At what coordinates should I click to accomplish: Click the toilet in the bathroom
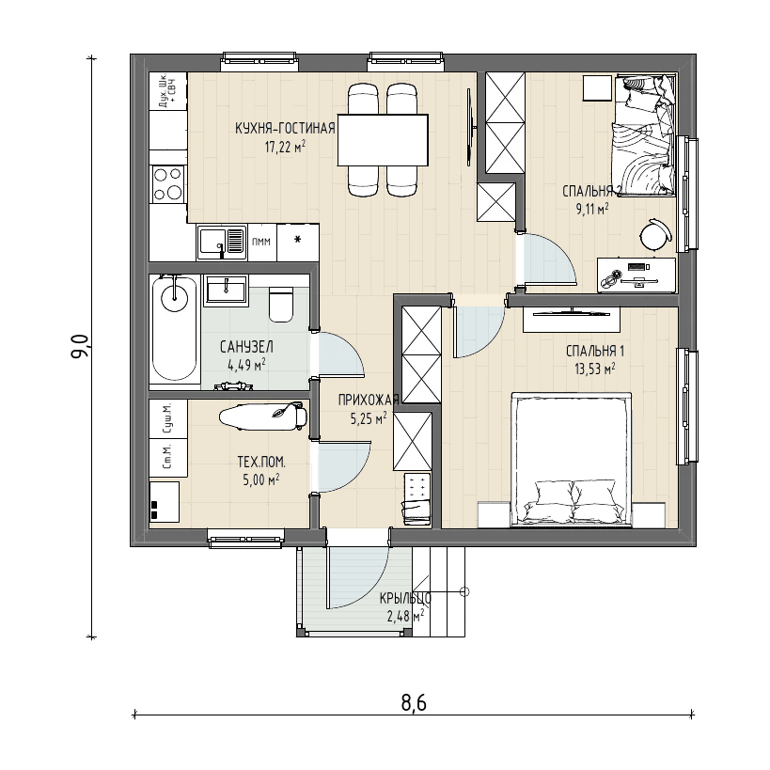[x=281, y=304]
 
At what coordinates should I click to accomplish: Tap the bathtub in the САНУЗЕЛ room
[x=175, y=330]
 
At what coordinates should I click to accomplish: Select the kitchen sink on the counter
[x=222, y=242]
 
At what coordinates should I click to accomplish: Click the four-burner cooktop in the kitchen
[x=168, y=183]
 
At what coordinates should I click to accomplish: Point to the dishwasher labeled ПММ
[x=262, y=243]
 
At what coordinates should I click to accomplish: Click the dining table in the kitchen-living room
[x=383, y=140]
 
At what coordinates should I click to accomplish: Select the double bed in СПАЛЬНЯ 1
[x=571, y=459]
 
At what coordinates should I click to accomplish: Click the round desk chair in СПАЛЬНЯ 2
[x=655, y=235]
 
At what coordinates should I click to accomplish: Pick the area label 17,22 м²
[x=286, y=146]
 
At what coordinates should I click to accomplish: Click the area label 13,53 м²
[x=595, y=369]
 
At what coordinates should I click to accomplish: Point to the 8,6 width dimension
[x=414, y=703]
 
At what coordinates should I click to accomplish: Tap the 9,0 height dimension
[x=80, y=346]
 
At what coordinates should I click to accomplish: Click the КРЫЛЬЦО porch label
[x=405, y=598]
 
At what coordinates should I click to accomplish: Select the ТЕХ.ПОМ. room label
[x=261, y=463]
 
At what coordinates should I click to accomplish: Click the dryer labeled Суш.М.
[x=168, y=419]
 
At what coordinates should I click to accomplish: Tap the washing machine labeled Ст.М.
[x=168, y=458]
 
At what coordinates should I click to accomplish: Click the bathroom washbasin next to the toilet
[x=226, y=290]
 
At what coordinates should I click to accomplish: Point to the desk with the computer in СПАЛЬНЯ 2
[x=636, y=275]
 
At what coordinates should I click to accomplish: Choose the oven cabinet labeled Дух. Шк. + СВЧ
[x=168, y=91]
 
